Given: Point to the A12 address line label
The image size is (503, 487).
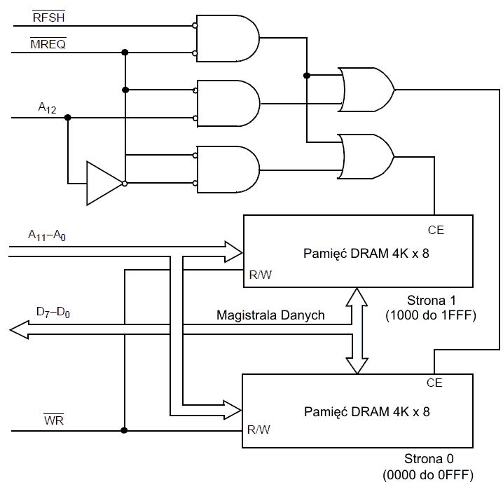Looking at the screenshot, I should click(47, 107).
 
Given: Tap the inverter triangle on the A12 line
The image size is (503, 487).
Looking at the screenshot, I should click(103, 184).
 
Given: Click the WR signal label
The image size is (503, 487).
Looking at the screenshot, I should click(53, 420).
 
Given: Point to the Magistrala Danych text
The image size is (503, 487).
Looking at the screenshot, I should click(271, 315).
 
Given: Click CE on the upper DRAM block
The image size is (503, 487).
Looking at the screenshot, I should click(435, 229).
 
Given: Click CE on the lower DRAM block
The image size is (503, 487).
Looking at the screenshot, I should click(434, 383).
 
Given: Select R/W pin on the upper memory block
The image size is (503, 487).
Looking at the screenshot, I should click(260, 275).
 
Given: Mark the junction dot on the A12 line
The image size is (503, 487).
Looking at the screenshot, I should click(67, 117).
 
